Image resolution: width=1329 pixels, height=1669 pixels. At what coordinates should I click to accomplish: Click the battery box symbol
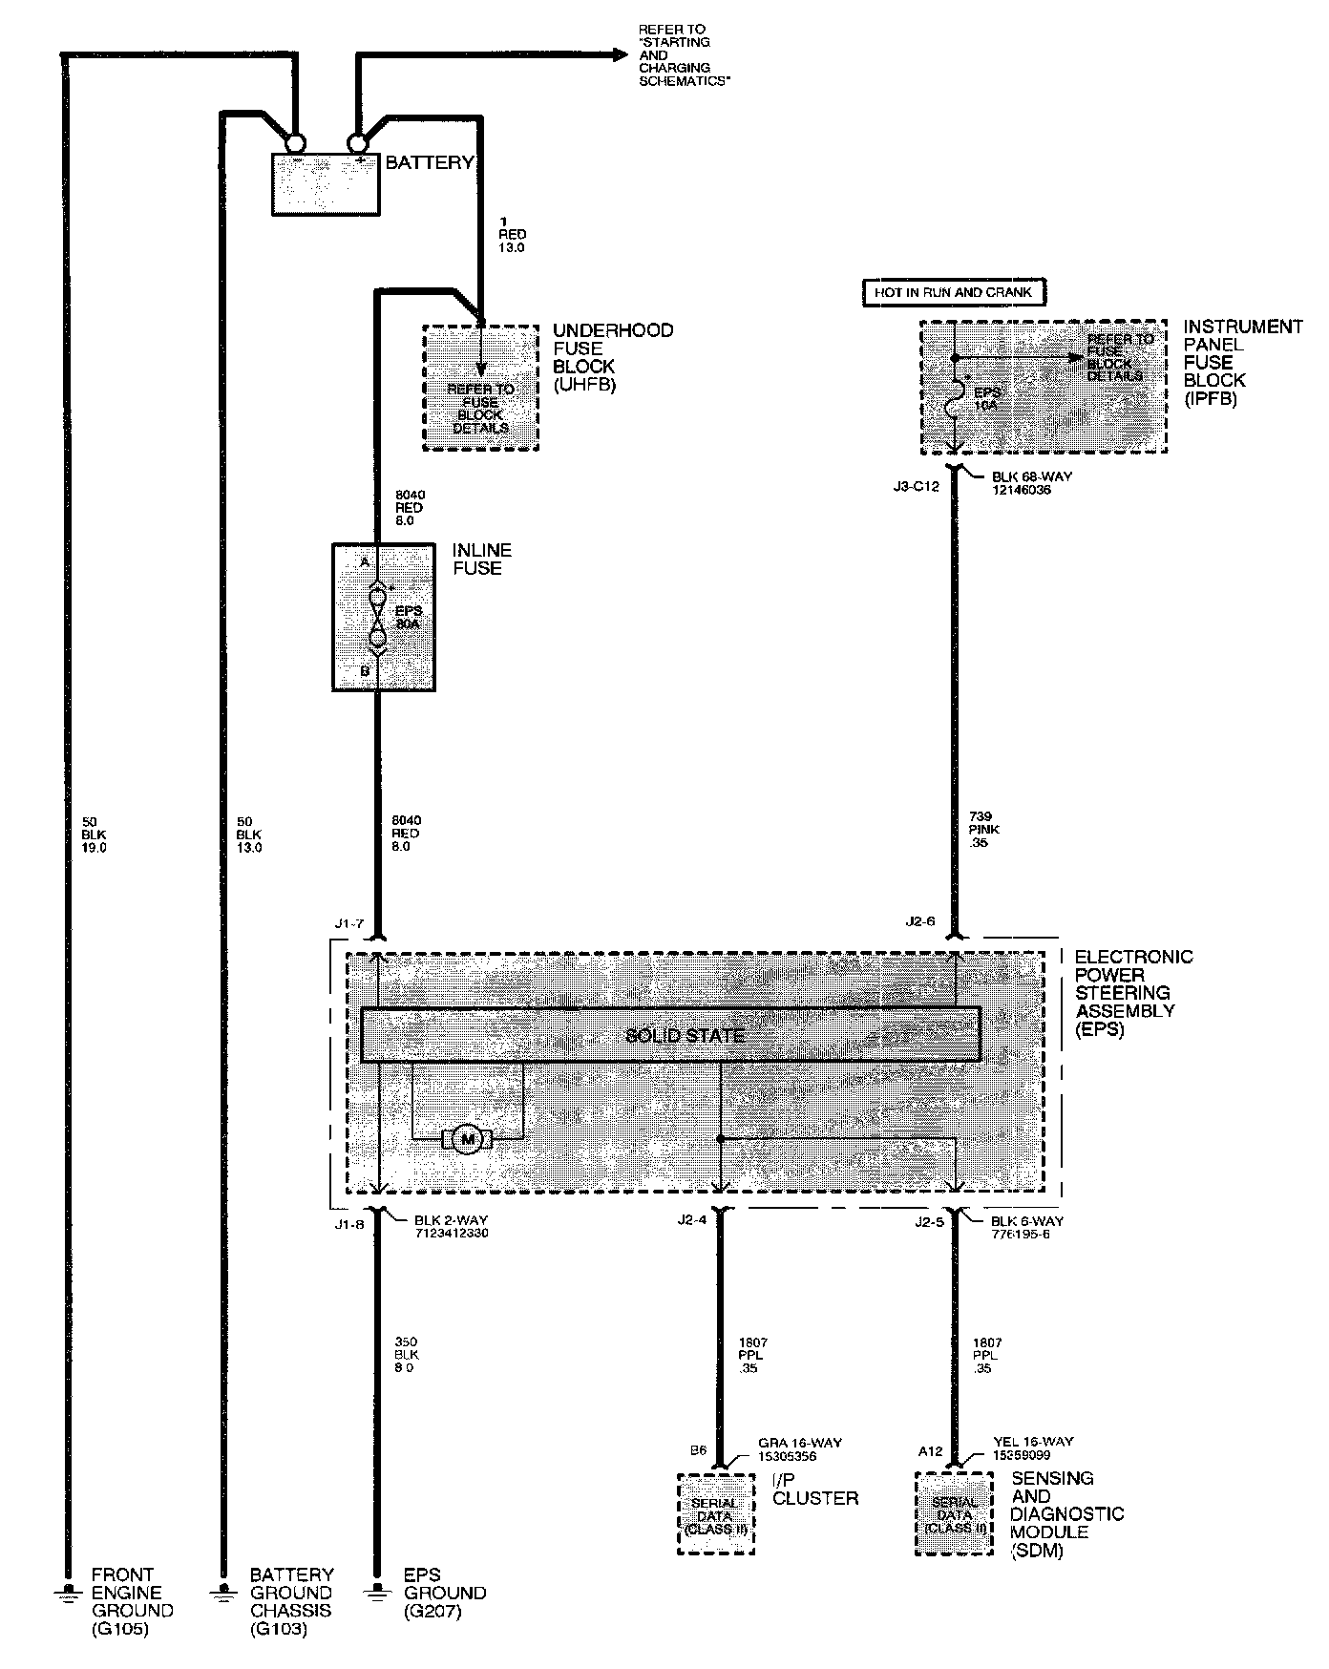click(x=327, y=182)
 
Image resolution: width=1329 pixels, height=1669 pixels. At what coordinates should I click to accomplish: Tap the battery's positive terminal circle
click(x=358, y=143)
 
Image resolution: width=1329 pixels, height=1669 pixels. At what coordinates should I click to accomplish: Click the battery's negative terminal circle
click(x=295, y=143)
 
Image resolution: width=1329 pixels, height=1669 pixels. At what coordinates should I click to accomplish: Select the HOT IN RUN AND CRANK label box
click(x=953, y=292)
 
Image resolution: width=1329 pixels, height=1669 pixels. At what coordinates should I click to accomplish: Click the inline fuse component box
click(x=383, y=617)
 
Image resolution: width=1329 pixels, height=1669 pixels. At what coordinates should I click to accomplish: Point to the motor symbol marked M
click(x=468, y=1138)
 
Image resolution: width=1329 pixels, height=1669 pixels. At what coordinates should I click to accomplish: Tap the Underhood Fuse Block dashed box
click(x=480, y=388)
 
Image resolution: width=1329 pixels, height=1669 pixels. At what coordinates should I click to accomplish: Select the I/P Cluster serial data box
click(x=715, y=1514)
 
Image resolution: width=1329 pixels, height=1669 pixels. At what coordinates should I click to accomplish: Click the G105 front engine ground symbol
click(x=67, y=1592)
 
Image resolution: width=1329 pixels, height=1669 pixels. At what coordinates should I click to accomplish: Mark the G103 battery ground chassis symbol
click(x=222, y=1592)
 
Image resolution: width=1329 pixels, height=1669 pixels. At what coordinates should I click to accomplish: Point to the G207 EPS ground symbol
click(x=378, y=1592)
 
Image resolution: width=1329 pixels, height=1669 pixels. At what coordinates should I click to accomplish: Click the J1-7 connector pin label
click(x=349, y=924)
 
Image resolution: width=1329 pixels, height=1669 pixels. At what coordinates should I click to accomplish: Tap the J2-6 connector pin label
click(x=920, y=922)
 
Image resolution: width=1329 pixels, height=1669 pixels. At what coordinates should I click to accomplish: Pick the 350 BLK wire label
click(x=407, y=1355)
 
